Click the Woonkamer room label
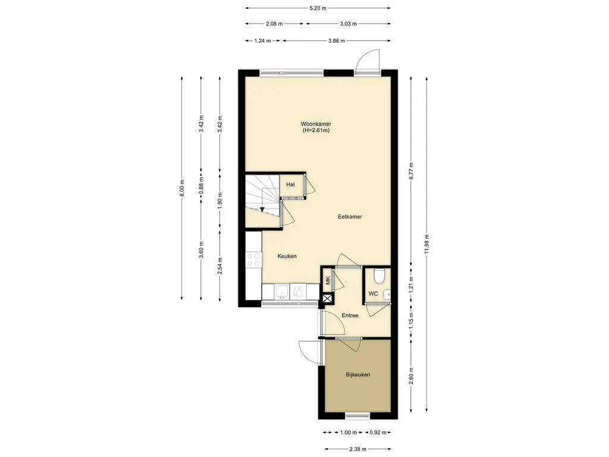(316, 124)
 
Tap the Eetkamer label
(350, 217)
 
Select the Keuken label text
(287, 256)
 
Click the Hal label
(290, 184)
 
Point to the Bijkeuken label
(358, 375)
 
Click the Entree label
(350, 315)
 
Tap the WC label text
(373, 294)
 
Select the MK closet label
(328, 280)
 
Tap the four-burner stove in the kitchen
(253, 260)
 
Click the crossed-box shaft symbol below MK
(328, 299)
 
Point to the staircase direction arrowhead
(262, 210)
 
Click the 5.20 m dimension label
(318, 8)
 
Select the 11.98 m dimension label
(426, 244)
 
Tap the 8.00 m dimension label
(182, 189)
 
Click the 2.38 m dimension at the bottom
(357, 449)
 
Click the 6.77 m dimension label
(411, 170)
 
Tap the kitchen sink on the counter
(282, 291)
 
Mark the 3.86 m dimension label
(337, 40)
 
